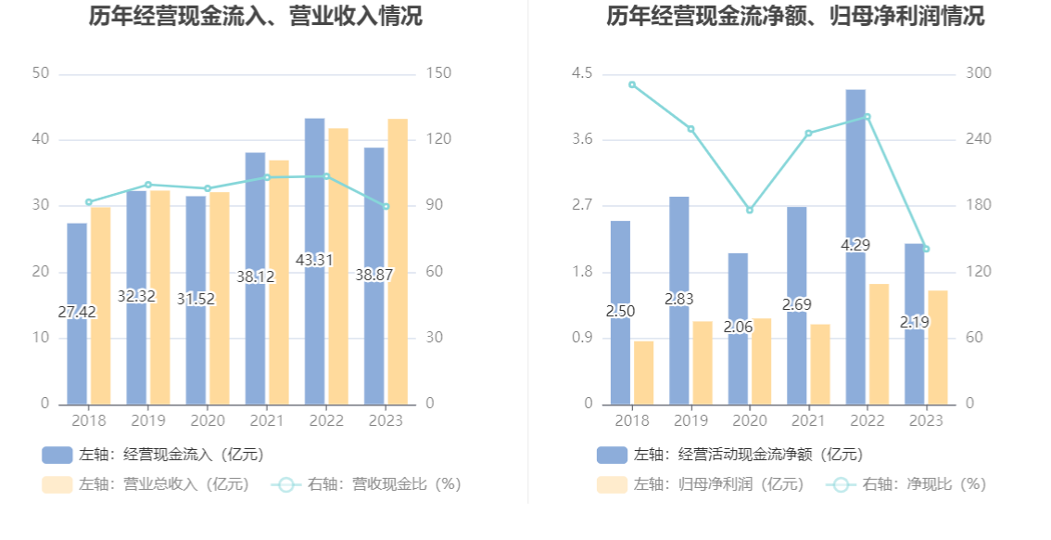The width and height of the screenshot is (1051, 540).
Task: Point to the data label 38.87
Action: click(x=374, y=276)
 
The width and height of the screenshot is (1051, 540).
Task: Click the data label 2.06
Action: click(x=738, y=327)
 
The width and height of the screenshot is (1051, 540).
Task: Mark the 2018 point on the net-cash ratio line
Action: click(x=632, y=84)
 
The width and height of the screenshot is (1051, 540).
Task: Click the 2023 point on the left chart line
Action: click(x=386, y=206)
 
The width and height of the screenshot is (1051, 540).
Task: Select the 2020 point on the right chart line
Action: click(x=750, y=210)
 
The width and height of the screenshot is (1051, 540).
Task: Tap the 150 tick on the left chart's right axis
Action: click(x=438, y=73)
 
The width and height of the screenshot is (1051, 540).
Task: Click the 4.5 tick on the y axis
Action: click(x=581, y=73)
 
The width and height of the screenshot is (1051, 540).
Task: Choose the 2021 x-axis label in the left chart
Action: click(x=267, y=421)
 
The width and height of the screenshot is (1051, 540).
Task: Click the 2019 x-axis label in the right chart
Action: click(x=691, y=421)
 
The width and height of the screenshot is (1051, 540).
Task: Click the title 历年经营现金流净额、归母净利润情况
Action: click(x=795, y=16)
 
